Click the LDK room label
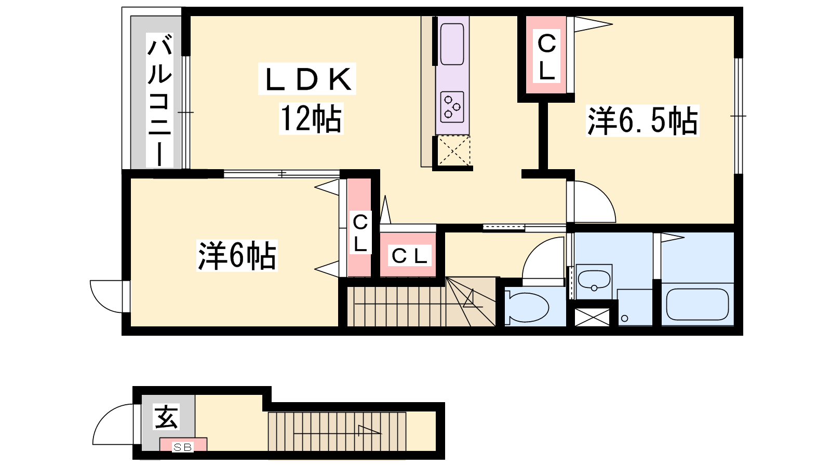coord(307,79)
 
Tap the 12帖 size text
coord(311,119)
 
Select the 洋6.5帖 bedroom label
coord(642,120)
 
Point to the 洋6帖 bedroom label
coord(237,255)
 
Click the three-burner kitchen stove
coord(452,107)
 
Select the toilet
coord(527,307)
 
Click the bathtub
coord(698,304)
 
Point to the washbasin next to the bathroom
coord(594,281)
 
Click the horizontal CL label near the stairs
coord(409,256)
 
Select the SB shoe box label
coord(182,447)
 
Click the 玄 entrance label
coord(166,417)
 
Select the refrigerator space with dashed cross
coord(454,150)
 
